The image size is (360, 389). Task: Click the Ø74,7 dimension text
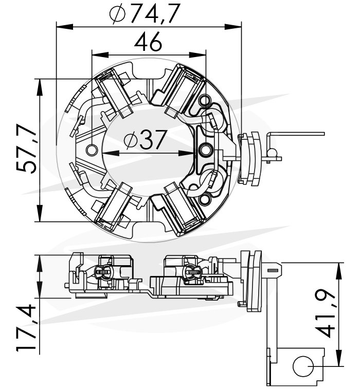coord(145,13)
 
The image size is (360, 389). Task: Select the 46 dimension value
coord(148,43)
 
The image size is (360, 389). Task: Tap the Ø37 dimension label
coord(145,140)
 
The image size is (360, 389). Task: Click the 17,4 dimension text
coord(27,327)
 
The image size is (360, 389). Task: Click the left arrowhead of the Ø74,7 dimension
coord(65,27)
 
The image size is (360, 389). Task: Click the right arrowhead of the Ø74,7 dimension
coord(233,27)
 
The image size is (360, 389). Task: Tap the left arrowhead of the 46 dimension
coord(100,54)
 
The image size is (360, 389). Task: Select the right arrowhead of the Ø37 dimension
coord(186,153)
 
